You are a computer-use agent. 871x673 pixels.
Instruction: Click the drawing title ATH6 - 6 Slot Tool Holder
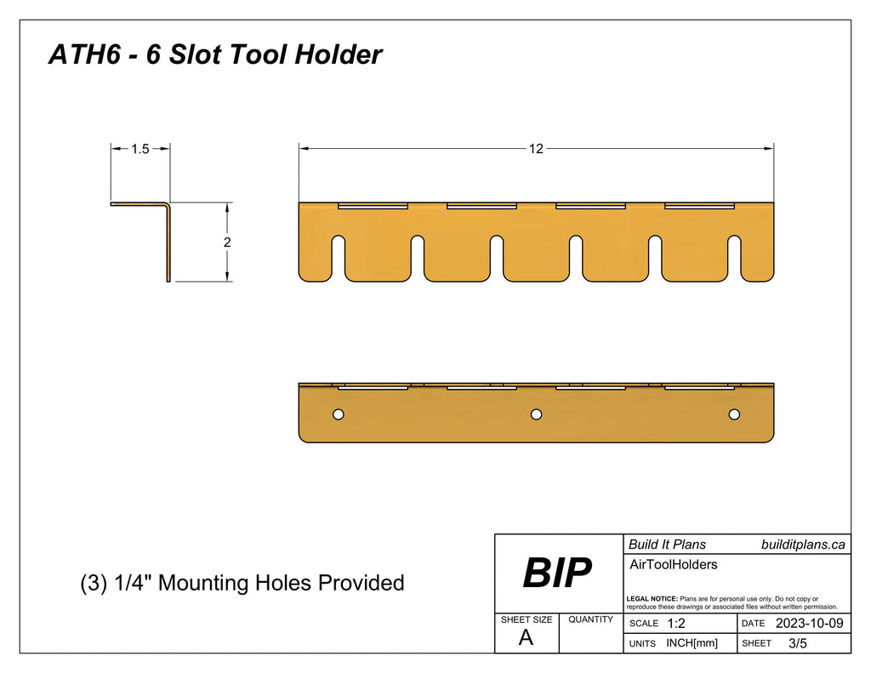tap(215, 55)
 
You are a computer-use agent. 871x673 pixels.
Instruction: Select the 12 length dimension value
tap(536, 149)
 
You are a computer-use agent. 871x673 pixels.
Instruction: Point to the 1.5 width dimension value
tap(140, 149)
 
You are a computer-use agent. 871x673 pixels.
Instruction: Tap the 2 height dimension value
tap(227, 242)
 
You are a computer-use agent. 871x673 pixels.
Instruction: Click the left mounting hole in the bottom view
tap(338, 414)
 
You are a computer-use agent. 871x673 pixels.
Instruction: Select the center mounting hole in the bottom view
tap(536, 414)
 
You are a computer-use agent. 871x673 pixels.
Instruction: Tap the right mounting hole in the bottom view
tap(734, 414)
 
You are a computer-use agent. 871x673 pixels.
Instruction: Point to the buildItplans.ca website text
tap(803, 545)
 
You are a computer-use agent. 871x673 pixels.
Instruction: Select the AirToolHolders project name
tap(673, 564)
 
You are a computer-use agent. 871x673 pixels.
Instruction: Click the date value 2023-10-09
tap(809, 624)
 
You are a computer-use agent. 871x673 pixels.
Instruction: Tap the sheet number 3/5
tap(798, 643)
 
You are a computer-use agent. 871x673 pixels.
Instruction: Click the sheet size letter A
tap(526, 638)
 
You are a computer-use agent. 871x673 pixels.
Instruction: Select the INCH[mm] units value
tap(692, 643)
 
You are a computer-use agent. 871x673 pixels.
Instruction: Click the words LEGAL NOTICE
tap(652, 599)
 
